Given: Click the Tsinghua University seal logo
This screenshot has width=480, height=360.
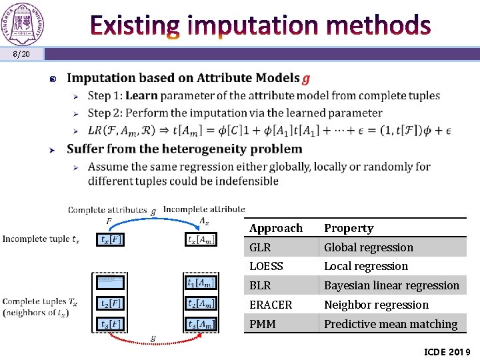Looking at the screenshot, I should click(x=23, y=23).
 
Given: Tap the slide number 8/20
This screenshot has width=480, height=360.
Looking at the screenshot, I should click(x=21, y=53).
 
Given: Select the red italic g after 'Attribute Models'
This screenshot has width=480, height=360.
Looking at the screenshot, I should click(x=305, y=79).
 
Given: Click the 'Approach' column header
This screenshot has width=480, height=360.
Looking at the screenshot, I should click(x=276, y=228).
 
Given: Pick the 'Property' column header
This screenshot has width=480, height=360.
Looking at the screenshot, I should click(x=349, y=228).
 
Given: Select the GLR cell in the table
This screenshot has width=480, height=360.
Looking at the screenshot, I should click(x=260, y=247).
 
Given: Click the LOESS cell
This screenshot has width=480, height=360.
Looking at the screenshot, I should click(x=266, y=266).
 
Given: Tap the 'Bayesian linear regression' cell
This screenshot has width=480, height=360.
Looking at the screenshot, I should click(x=391, y=285).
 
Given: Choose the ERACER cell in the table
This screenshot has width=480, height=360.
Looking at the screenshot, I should click(x=271, y=305).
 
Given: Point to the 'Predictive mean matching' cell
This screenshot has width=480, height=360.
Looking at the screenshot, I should click(x=391, y=324).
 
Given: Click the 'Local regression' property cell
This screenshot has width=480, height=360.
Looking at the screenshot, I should click(x=365, y=266).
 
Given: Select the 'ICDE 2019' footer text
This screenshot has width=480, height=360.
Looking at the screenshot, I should click(x=447, y=351).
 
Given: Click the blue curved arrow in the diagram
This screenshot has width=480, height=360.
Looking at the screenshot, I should click(x=153, y=217).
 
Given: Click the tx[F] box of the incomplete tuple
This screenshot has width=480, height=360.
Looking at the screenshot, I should click(x=110, y=239).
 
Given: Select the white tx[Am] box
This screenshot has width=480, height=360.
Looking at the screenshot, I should click(x=201, y=239).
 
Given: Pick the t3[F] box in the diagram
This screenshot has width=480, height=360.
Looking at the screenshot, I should click(x=110, y=324).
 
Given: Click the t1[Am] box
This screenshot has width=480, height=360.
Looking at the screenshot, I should click(x=201, y=283).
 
